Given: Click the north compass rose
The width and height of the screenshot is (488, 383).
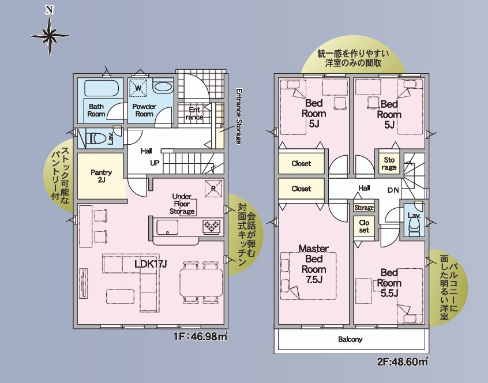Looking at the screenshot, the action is [50, 36].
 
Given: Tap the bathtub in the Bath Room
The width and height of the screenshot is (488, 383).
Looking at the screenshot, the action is [102, 88].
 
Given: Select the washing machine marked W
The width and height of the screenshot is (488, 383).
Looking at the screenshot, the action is [138, 88].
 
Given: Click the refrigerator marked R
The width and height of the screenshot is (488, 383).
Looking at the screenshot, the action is [213, 189].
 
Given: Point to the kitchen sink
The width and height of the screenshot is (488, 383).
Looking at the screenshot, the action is [167, 227].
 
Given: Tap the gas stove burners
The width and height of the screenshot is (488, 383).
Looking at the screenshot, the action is [211, 226].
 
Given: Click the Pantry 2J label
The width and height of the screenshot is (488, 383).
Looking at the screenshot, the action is [101, 176].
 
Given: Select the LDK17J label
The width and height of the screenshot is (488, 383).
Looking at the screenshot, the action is [151, 264].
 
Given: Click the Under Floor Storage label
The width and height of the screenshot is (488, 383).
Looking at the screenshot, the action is [182, 204].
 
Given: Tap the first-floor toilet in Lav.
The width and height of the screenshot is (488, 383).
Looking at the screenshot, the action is [96, 138].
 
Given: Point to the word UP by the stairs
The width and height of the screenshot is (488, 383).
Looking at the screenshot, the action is [155, 163].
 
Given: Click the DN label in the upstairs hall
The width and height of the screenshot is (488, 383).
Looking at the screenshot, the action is [393, 190].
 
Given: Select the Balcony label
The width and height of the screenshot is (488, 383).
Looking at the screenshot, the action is [350, 339].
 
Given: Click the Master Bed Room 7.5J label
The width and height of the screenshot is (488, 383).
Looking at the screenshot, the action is [314, 264].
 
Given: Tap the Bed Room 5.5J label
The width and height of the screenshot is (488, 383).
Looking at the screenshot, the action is [389, 283].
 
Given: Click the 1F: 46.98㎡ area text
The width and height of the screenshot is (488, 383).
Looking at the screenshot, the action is [200, 336].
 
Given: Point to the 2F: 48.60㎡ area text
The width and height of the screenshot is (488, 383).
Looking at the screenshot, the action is [403, 362].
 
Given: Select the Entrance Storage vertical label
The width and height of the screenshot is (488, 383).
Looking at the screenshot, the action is [238, 117].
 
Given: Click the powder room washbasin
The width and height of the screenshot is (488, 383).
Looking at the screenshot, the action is [163, 87].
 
